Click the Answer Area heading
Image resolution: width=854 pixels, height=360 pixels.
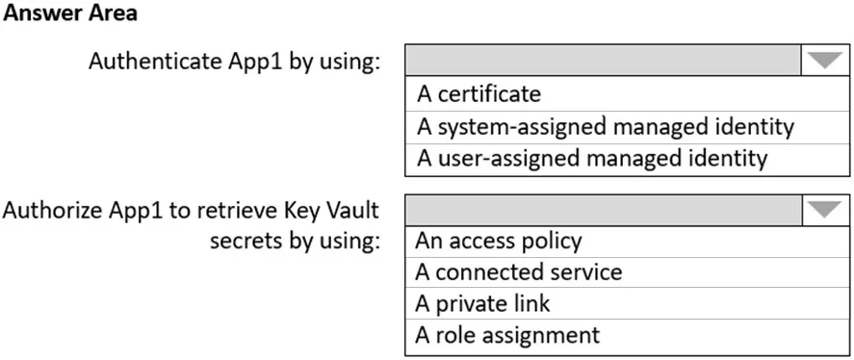[70, 13]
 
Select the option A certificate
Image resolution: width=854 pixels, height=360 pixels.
[479, 94]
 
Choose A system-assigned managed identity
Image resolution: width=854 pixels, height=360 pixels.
[606, 127]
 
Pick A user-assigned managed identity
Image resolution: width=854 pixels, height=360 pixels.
[592, 159]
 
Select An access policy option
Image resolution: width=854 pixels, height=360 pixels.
[499, 241]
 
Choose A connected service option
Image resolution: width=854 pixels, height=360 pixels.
[519, 271]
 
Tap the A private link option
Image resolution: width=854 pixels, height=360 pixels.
[482, 303]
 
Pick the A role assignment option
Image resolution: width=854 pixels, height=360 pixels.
[507, 334]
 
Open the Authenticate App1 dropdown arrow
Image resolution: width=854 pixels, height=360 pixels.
[825, 61]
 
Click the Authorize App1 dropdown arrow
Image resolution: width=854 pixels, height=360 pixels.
[825, 210]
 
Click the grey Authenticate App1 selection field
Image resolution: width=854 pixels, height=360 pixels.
[604, 61]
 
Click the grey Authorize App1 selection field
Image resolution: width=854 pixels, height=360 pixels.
[604, 210]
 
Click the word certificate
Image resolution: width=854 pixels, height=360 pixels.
[489, 94]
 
